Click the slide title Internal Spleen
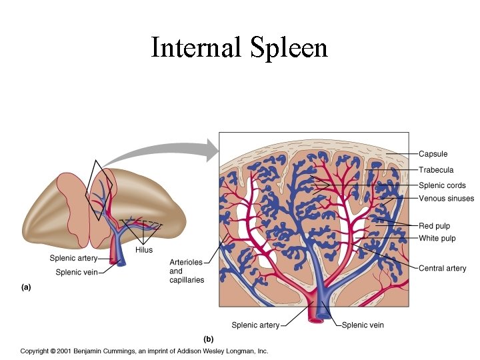239,48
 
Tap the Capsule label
433,154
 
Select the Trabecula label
435,170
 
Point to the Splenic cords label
442,185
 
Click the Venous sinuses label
446,198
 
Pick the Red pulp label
434,227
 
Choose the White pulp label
437,238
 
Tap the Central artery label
442,268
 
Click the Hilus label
143,250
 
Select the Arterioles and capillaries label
186,271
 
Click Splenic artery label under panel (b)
255,325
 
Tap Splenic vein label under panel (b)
363,325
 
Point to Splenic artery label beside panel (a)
73,258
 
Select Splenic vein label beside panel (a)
76,272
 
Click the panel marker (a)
25,288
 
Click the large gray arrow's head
212,149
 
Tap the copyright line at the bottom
143,351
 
